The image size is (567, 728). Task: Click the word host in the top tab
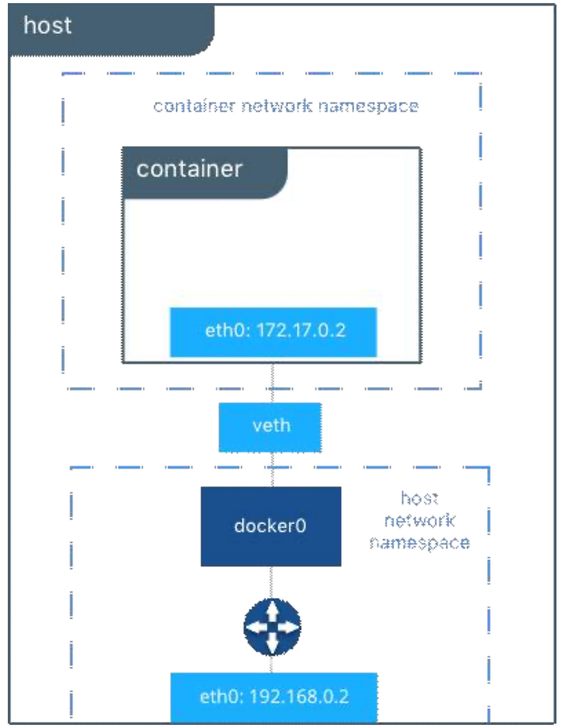click(48, 25)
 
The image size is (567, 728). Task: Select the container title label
click(190, 169)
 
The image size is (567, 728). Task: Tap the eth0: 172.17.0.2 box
click(273, 332)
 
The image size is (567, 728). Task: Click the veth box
click(270, 427)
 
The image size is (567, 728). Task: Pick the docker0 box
click(271, 526)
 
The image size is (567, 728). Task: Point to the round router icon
click(272, 627)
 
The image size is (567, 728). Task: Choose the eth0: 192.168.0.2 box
click(274, 697)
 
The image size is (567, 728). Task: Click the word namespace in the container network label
click(368, 107)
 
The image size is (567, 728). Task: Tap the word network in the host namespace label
click(420, 520)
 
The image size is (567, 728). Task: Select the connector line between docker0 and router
click(271, 582)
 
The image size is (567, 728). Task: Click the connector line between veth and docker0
click(272, 469)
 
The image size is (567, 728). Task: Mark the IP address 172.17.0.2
click(301, 330)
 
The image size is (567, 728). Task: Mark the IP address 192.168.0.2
click(299, 696)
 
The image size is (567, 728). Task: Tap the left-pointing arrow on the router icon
click(256, 627)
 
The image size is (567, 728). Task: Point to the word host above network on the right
click(420, 499)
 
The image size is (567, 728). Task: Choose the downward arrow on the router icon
click(272, 643)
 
